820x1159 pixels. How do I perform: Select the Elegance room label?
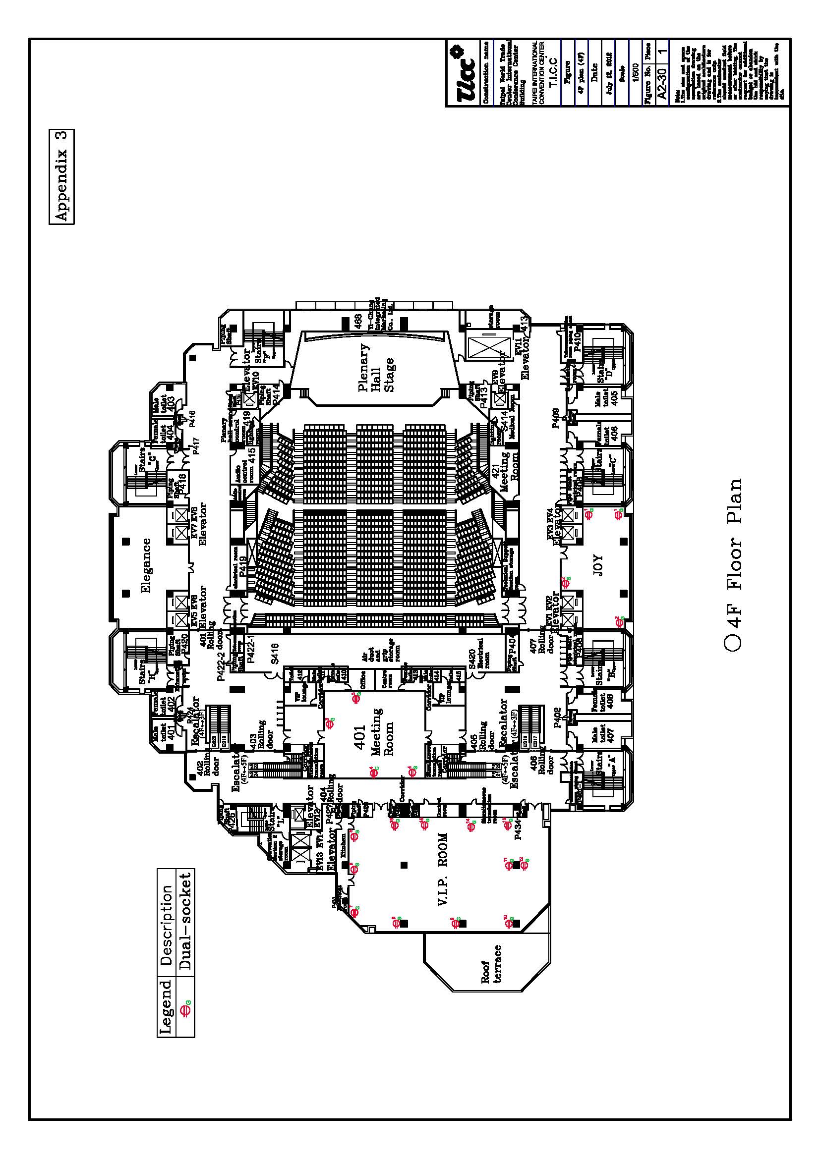pyautogui.click(x=146, y=565)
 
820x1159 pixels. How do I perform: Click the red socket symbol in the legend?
pyautogui.click(x=185, y=1012)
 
